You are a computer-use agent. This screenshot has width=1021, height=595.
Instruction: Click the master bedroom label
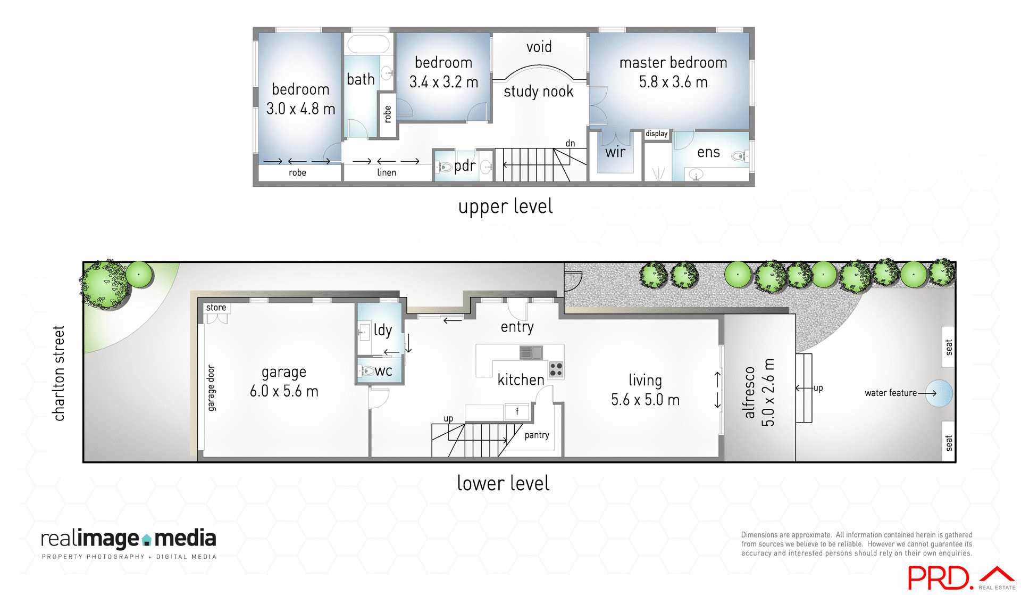coord(673,63)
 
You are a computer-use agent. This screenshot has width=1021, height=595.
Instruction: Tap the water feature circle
coord(939,393)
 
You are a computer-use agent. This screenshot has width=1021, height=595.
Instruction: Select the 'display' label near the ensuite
coord(656,134)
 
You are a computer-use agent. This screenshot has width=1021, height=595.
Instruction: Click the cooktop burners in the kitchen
coord(556,369)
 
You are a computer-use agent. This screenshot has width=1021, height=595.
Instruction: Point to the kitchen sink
coord(531,352)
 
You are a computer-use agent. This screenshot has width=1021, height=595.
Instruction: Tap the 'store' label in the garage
coord(216,308)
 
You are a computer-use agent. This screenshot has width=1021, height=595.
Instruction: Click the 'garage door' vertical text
coord(211,387)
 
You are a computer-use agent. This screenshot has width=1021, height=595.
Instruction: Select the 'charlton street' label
coord(58,373)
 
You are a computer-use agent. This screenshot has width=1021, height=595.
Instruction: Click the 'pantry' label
coord(537,435)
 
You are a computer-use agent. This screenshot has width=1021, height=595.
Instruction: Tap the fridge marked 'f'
coord(517,411)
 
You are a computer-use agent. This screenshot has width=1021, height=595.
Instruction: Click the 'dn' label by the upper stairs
coord(570,144)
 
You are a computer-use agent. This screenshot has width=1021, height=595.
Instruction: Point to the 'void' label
coord(539,47)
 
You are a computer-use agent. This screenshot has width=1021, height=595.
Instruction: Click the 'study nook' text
coord(538,92)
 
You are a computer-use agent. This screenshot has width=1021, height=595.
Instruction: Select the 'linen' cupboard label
coord(387,172)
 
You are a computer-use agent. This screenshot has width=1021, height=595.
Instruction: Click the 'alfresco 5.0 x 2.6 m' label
coord(759,392)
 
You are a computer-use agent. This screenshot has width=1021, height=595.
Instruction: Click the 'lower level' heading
coord(503,483)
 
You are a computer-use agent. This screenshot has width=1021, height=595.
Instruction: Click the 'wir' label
coord(615,153)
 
